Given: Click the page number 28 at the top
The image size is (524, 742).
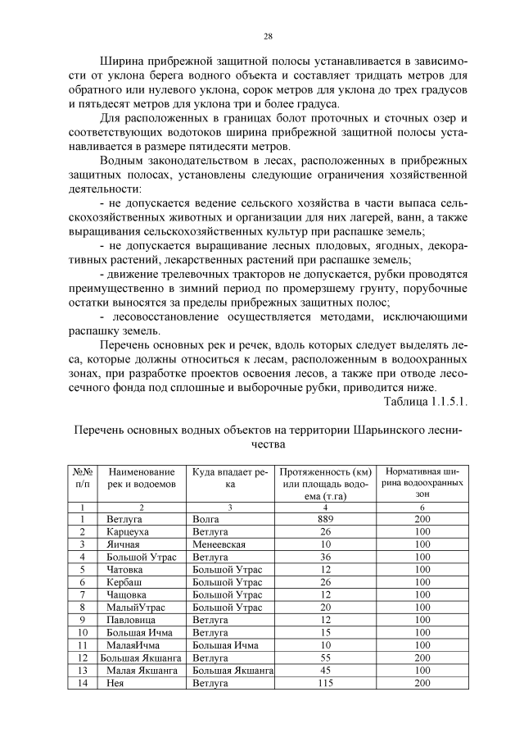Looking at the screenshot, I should pos(268,36).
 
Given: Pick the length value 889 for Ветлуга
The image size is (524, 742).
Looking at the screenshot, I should pos(325,519).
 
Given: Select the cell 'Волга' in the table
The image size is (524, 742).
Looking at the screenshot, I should pos(206,519).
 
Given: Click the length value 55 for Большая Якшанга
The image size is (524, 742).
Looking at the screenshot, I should pos(325,657).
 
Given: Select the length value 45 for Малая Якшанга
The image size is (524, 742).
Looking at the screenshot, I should pos(325,669).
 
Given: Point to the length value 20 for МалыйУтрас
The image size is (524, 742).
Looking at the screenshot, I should pos(325,607).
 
